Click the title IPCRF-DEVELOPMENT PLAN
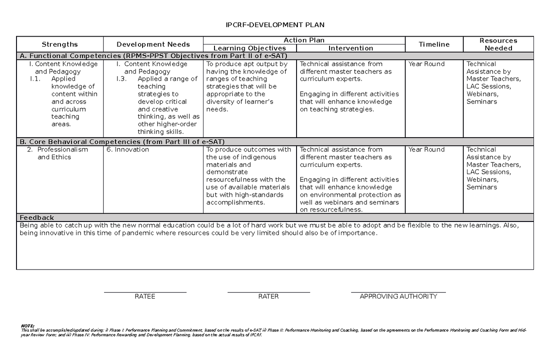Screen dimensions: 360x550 [x=275, y=25]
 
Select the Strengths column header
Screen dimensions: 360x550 [x=60, y=44]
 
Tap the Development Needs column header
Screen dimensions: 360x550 [x=153, y=44]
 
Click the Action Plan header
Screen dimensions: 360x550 [x=304, y=40]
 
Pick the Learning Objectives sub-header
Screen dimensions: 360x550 [x=250, y=48]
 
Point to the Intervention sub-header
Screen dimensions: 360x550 [x=351, y=48]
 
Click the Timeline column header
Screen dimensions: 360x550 [x=434, y=44]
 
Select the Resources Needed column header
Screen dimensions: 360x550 [x=498, y=44]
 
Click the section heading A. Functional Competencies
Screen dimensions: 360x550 [x=152, y=56]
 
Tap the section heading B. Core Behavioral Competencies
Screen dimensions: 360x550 [x=121, y=142]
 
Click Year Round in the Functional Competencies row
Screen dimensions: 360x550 [x=426, y=64]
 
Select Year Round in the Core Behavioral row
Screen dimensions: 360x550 [x=426, y=150]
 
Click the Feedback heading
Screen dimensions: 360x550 [x=36, y=218]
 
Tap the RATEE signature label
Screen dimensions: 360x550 [x=145, y=297]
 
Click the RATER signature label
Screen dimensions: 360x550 [x=269, y=297]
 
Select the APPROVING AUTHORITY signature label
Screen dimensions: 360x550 [x=398, y=297]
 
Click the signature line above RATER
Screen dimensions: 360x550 [x=269, y=292]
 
